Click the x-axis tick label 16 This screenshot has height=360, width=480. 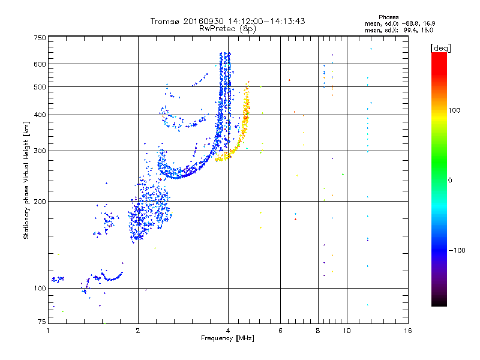(x=407, y=330)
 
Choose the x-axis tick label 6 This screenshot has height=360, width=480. (x=280, y=330)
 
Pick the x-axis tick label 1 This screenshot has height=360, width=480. (x=48, y=330)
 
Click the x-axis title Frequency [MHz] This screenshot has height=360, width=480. (x=227, y=338)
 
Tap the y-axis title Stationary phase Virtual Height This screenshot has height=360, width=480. (x=26, y=181)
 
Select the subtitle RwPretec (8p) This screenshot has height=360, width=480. (x=227, y=28)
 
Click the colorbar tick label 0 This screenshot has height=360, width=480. (x=451, y=180)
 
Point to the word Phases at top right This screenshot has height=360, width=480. (x=389, y=17)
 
